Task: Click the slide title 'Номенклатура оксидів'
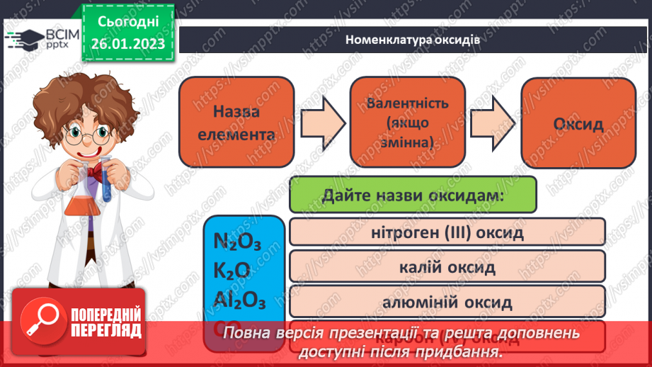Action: (413, 40)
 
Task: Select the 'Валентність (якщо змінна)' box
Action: (408, 122)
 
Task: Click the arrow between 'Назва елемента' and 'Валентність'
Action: (322, 122)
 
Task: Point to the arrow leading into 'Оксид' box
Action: (493, 122)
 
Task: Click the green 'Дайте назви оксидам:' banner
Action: (413, 195)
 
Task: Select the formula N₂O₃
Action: (237, 243)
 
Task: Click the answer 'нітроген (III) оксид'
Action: (447, 232)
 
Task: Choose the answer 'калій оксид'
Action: (447, 268)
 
